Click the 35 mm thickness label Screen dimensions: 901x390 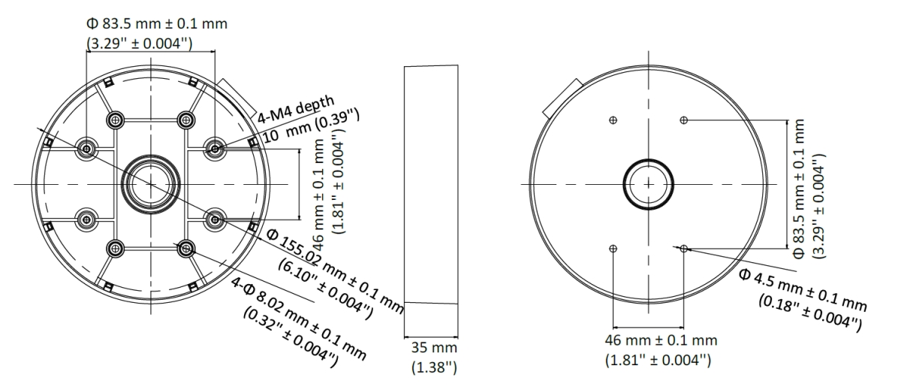click(x=434, y=348)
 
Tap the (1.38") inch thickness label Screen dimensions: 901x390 click(x=434, y=367)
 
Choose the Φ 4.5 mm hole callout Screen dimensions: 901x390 click(x=803, y=291)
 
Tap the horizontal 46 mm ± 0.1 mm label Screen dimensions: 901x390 click(x=661, y=340)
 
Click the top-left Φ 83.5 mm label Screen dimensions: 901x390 click(x=157, y=24)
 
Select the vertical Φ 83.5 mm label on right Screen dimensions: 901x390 click(x=799, y=189)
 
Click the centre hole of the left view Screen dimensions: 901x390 click(x=151, y=184)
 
